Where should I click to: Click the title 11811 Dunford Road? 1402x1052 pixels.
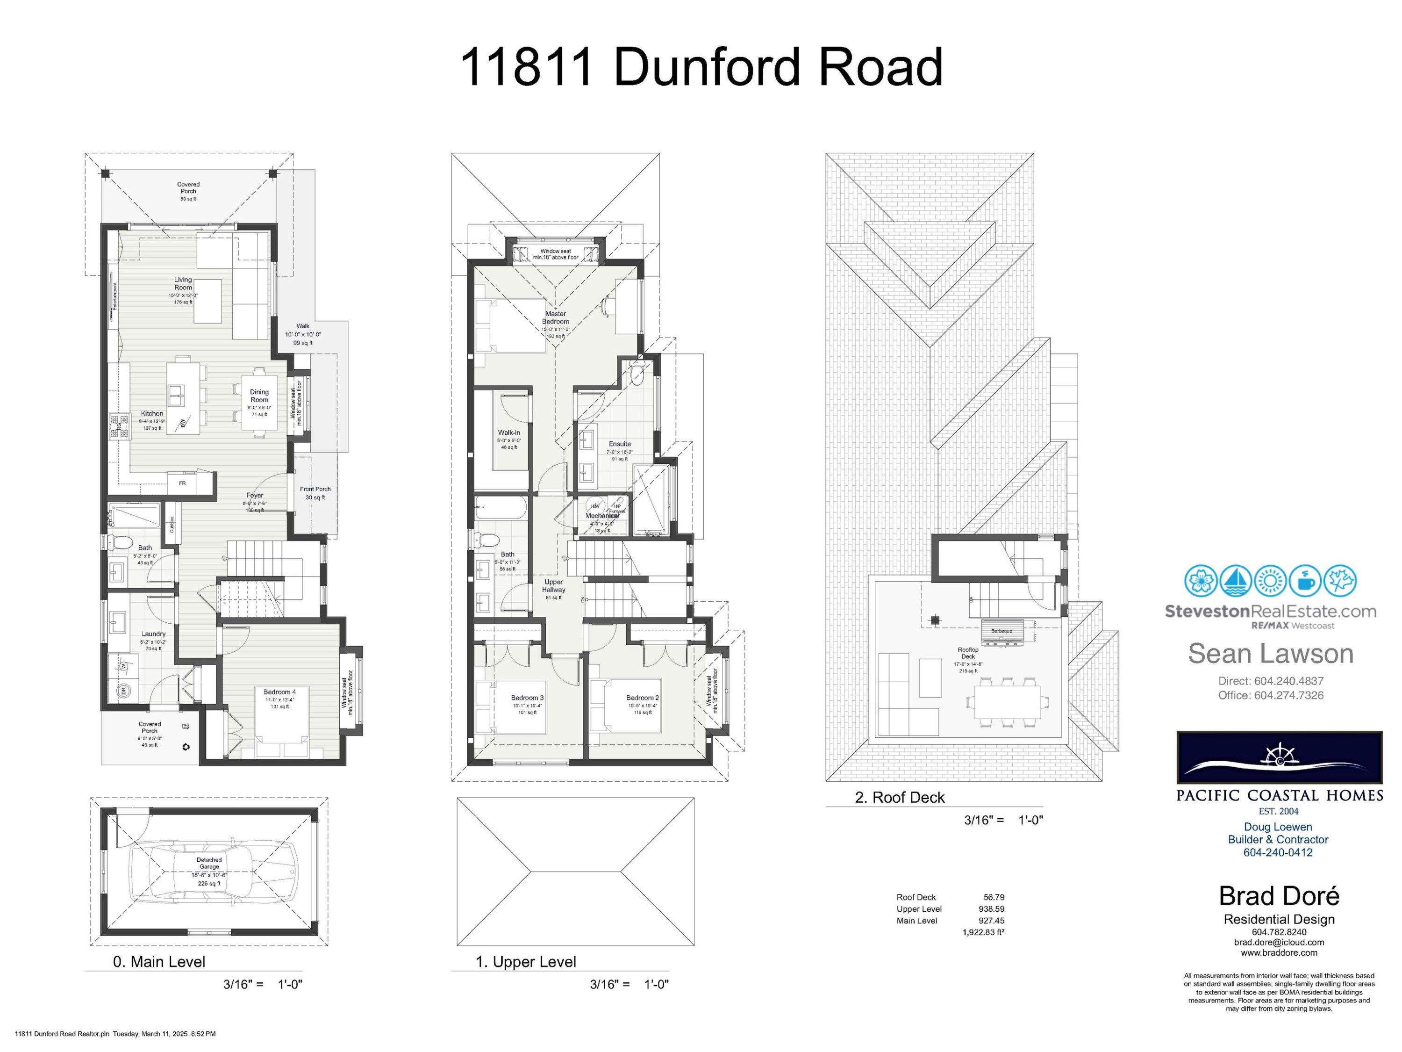pos(701,67)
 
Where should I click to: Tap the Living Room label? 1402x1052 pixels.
pos(183,283)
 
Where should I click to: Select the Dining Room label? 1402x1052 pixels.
pos(259,396)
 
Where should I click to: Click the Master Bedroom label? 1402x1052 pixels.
pos(555,317)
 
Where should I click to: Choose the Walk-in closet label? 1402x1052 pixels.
pos(509,432)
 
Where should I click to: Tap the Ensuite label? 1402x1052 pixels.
pos(619,444)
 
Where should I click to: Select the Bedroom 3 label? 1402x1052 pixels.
pos(527,698)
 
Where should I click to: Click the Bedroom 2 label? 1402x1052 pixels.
pos(643,698)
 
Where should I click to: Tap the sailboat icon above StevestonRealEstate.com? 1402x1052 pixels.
pos(1235,581)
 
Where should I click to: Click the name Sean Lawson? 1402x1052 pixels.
pos(1270,654)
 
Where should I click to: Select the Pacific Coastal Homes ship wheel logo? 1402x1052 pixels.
pos(1279,758)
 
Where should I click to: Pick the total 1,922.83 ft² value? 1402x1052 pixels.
pos(983,932)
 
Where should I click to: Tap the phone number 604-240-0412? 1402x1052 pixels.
pos(1278,852)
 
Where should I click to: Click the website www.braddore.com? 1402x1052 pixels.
pos(1279,952)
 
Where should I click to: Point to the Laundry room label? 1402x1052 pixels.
pos(153,634)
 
